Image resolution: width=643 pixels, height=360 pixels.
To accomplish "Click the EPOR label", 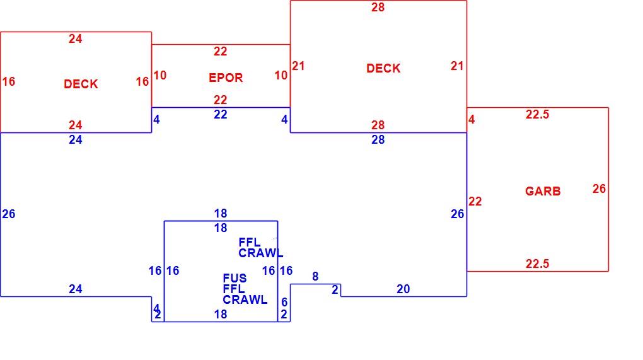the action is [x=226, y=78].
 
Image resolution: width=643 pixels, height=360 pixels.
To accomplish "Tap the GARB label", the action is [x=543, y=191].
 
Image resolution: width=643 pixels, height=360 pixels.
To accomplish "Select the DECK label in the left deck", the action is [x=81, y=84].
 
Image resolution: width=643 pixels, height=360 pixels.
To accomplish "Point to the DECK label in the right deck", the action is [x=383, y=68].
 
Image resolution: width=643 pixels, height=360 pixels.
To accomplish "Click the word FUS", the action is [x=235, y=278].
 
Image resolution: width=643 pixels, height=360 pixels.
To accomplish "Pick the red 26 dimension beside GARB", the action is [x=599, y=189].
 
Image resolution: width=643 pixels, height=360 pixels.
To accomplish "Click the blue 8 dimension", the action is [x=315, y=276].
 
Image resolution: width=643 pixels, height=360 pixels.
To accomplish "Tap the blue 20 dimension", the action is [x=403, y=289].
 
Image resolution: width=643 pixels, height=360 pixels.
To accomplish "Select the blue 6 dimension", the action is [x=284, y=302].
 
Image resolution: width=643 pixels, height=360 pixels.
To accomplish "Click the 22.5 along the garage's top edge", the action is [x=537, y=114].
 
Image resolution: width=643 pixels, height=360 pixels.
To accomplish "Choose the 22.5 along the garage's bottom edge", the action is [x=537, y=264].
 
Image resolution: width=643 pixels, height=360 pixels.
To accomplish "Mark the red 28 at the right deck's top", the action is [x=378, y=7].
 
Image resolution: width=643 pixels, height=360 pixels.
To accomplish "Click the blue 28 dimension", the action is [x=378, y=139].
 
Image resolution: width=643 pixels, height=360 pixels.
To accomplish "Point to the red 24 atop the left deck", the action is [x=75, y=38].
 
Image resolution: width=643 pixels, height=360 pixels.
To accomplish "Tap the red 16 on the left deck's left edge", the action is [x=9, y=81].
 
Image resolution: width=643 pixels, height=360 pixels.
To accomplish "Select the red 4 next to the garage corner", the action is [x=472, y=119].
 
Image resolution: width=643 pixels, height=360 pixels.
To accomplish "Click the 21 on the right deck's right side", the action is [x=457, y=66].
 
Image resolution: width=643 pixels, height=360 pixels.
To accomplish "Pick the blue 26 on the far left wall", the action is [x=9, y=214].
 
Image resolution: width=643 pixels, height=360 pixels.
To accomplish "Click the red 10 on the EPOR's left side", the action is [x=160, y=75].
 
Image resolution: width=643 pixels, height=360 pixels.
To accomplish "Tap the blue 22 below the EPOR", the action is [x=220, y=114].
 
